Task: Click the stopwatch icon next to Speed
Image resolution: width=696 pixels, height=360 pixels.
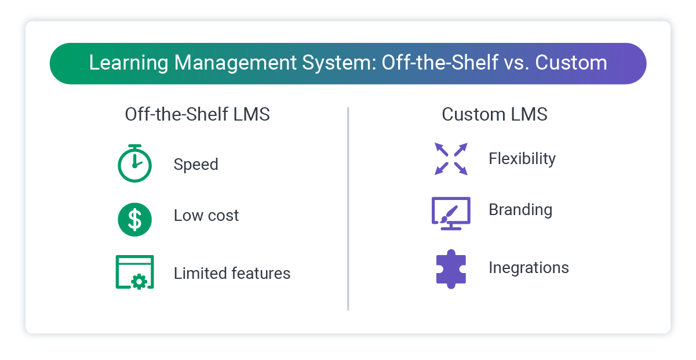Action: point(134,163)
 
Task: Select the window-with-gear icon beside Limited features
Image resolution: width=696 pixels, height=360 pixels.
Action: point(134,272)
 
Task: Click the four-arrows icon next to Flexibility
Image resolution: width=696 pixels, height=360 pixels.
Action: point(451,159)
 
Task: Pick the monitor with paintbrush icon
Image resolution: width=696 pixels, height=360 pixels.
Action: point(451,213)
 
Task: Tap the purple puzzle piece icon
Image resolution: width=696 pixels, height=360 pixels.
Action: point(451,268)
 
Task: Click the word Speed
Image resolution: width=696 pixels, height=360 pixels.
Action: point(196,165)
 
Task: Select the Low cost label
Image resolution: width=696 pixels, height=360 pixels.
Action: point(206,216)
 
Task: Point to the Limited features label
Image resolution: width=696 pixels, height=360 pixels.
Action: point(232,273)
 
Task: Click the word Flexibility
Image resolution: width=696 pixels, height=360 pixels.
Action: point(522,159)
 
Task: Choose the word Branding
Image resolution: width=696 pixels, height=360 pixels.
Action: point(520,210)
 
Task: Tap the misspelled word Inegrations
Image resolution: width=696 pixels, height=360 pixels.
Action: point(529,268)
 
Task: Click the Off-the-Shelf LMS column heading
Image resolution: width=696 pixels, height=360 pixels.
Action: point(197,115)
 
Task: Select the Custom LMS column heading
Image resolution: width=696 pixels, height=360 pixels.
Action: point(494,115)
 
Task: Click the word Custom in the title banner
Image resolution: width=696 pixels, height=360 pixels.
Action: point(571,63)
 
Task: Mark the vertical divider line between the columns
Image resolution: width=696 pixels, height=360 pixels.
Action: point(348,209)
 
